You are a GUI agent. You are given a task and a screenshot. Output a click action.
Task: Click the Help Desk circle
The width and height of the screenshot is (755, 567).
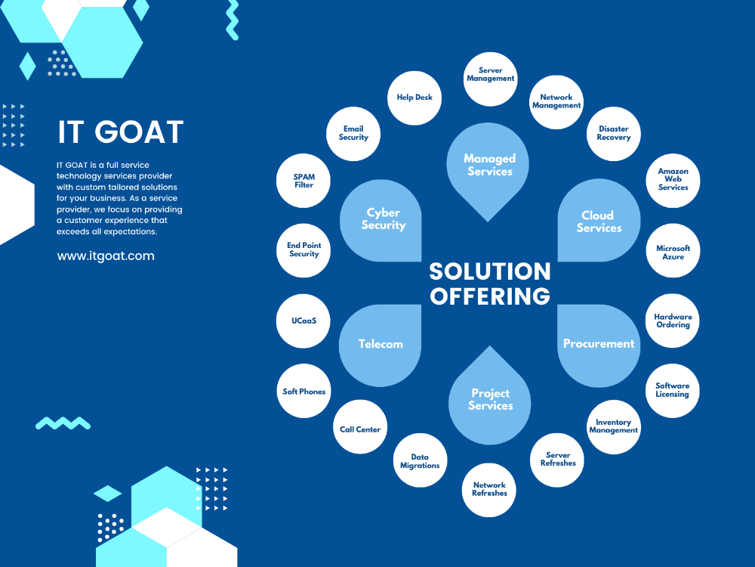[x=414, y=98]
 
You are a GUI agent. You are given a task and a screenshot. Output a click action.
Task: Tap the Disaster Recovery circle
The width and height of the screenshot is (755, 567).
[x=613, y=133]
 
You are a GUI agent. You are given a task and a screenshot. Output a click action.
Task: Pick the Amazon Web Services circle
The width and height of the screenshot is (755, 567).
[x=673, y=179]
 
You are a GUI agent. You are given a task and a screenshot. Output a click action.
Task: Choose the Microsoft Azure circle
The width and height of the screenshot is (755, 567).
[x=673, y=252]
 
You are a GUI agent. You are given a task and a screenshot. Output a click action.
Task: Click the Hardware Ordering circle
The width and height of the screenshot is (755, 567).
[x=673, y=321]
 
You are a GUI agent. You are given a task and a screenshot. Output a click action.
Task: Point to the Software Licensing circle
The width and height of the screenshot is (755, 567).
[x=672, y=390]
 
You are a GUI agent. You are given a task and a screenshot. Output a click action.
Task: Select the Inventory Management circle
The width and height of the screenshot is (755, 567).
[x=613, y=426]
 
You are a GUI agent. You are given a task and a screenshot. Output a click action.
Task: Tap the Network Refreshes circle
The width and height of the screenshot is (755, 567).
[x=489, y=489]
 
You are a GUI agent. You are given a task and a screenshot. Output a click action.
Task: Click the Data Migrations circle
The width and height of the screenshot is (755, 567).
[x=420, y=461]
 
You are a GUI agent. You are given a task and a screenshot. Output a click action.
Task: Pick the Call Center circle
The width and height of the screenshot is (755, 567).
[x=360, y=429]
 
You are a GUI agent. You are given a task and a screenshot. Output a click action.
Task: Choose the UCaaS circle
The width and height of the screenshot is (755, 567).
[x=304, y=321]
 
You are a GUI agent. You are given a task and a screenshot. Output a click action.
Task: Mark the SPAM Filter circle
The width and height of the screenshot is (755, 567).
[x=304, y=181]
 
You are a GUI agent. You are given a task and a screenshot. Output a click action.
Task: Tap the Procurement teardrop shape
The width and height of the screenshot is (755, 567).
[x=599, y=344]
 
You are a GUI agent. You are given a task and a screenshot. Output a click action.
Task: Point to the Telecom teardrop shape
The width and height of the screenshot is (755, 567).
[x=381, y=344]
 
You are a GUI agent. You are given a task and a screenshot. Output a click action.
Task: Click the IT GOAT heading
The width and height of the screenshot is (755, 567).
[x=121, y=132]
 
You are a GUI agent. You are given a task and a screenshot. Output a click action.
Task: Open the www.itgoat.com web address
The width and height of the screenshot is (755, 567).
[x=106, y=256]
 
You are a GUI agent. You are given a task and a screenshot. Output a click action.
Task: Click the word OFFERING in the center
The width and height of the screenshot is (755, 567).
[x=490, y=296]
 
